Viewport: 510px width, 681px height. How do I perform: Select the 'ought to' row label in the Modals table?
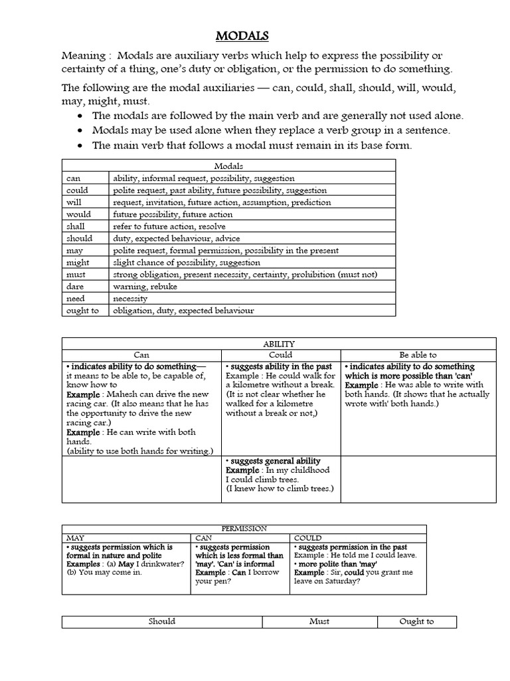point(82,310)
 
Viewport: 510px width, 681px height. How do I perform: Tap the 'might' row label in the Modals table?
point(77,262)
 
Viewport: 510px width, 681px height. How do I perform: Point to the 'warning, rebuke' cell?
point(145,286)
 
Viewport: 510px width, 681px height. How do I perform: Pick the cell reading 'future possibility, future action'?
point(173,214)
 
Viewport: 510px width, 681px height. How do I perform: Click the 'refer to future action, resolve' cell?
point(170,226)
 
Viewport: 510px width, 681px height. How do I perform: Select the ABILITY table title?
point(279,343)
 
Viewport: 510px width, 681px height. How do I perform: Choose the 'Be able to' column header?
point(418,355)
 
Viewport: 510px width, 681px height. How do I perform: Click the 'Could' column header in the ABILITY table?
point(280,355)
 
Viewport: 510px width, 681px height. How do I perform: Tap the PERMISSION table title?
point(244,529)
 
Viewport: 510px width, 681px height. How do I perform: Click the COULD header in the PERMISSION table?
point(307,537)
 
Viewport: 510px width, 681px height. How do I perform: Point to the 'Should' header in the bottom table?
point(162,622)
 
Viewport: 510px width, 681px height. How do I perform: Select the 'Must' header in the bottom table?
point(319,622)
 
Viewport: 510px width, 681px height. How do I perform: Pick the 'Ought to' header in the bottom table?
point(416,622)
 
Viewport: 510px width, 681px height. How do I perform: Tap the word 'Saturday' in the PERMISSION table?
point(341,581)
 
